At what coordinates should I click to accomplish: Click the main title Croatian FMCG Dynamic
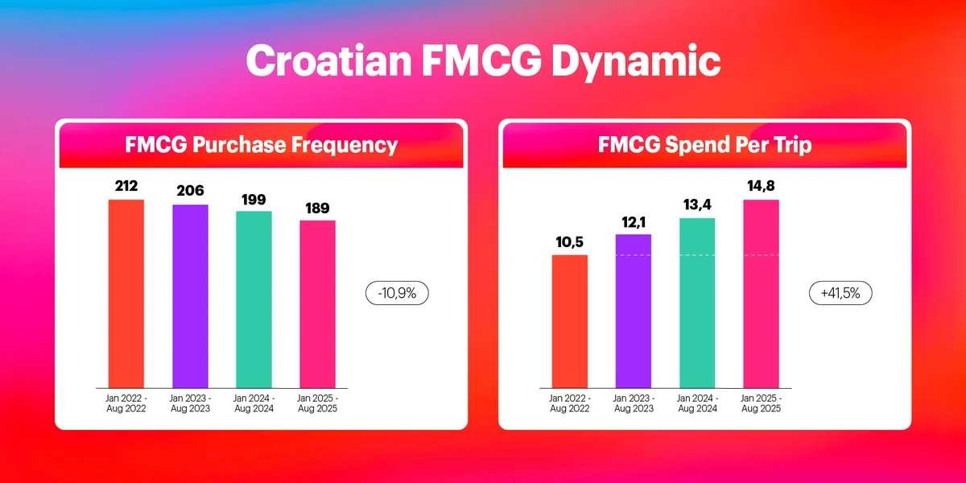click(x=483, y=61)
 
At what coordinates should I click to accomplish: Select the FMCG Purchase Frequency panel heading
click(x=262, y=145)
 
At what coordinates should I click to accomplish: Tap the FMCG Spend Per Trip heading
click(x=704, y=145)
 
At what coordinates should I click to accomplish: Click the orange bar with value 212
click(x=126, y=294)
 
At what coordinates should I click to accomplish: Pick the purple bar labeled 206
click(x=190, y=296)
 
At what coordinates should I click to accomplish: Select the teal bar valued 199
click(x=254, y=299)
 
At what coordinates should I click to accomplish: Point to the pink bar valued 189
click(x=317, y=304)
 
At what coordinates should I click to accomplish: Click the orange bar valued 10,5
click(x=570, y=321)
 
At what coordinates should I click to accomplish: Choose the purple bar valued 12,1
click(x=634, y=311)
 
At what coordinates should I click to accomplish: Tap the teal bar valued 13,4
click(x=697, y=303)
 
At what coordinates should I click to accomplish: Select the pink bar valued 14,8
click(x=761, y=294)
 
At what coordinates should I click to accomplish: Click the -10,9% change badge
click(x=397, y=294)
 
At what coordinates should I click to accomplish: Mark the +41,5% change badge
click(x=840, y=294)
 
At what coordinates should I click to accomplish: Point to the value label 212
click(x=126, y=186)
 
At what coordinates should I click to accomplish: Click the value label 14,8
click(x=761, y=186)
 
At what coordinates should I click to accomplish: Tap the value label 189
click(x=317, y=208)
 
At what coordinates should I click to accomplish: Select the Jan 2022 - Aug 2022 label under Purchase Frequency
click(x=126, y=403)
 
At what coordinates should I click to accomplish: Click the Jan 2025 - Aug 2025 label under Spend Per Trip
click(x=761, y=403)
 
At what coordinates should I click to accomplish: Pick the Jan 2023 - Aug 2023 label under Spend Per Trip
click(x=634, y=403)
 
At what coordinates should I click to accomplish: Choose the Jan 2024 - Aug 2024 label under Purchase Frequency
click(x=254, y=403)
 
